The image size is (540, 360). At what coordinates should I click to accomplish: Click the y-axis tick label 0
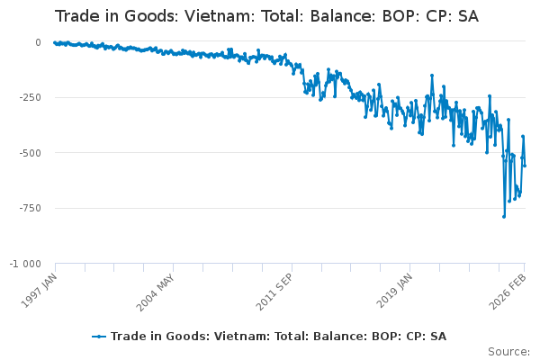click(37, 42)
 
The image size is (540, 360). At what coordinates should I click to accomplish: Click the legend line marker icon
click(99, 337)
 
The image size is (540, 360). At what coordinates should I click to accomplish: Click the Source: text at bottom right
click(508, 351)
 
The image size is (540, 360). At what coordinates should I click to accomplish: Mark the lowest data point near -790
click(504, 216)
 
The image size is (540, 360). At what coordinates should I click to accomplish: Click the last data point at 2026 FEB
click(525, 165)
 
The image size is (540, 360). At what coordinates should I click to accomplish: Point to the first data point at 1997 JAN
click(55, 42)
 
